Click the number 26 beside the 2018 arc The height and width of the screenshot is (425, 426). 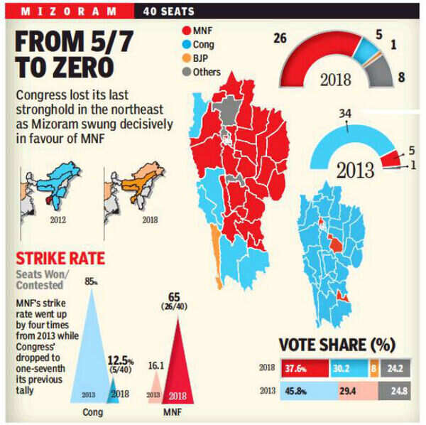[279, 38]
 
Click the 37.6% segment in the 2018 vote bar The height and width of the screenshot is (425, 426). [297, 369]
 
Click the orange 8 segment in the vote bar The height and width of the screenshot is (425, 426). [373, 369]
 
